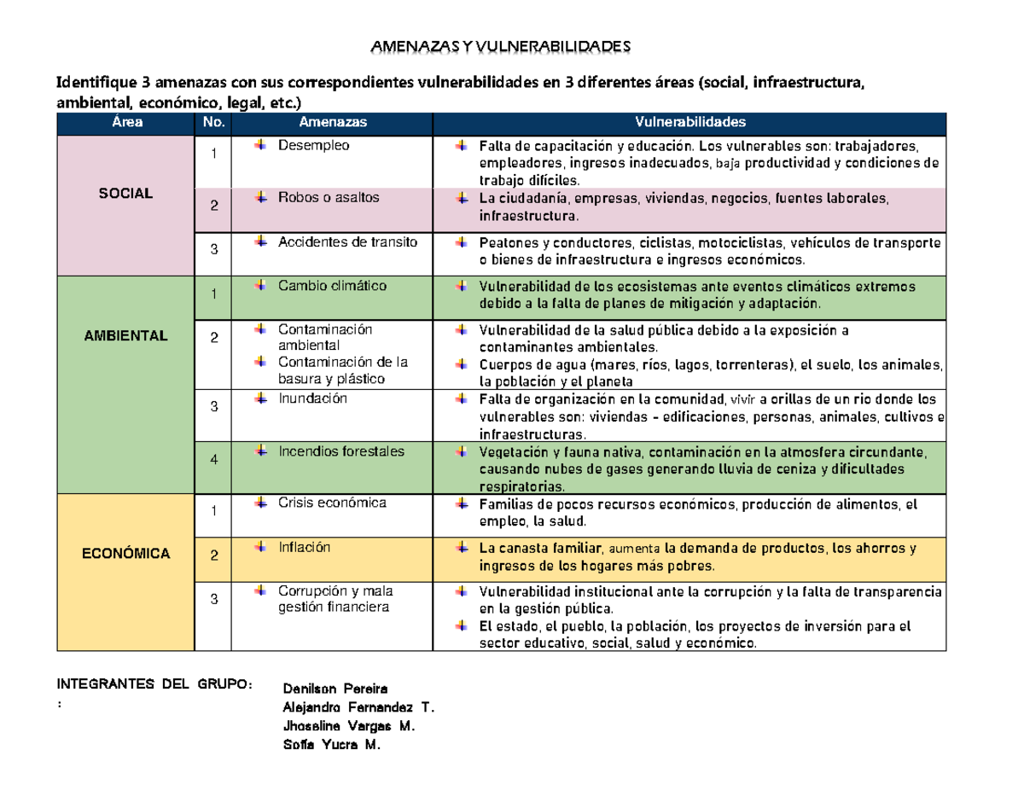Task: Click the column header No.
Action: pos(213,123)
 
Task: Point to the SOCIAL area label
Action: pos(125,194)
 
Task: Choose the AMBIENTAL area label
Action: pos(125,335)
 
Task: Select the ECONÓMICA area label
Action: pos(125,554)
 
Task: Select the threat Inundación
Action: pos(313,398)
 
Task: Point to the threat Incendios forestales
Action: pos(341,451)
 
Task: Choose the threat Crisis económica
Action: pos(332,503)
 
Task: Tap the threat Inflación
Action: pos(304,547)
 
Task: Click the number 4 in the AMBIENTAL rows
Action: pos(214,459)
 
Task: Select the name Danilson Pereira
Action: pos(334,688)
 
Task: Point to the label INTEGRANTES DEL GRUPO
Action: pos(154,684)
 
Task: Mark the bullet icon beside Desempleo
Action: pos(259,146)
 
